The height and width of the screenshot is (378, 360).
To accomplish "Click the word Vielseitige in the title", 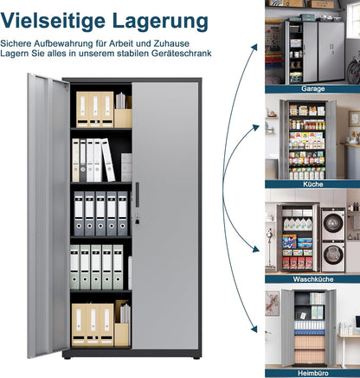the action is [x=53, y=21].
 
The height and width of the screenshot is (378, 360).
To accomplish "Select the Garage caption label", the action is [x=313, y=88].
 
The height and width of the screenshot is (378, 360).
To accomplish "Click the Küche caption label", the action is [x=313, y=184].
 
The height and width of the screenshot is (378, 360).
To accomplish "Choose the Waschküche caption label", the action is [x=313, y=279].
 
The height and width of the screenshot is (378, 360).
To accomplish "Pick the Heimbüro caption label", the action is [x=313, y=374].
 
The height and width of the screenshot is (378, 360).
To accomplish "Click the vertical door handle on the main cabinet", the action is [x=137, y=190].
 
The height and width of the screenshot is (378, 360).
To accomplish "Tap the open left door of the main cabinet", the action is [x=48, y=215].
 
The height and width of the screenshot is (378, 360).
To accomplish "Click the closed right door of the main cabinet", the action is [x=165, y=215].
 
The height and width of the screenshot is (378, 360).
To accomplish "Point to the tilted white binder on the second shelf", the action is [x=108, y=160].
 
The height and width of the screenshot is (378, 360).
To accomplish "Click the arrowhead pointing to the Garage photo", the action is [x=254, y=48].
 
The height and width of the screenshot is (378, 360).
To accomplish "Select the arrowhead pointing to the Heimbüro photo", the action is [x=254, y=329].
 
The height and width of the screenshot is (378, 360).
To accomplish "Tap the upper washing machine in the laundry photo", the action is [x=333, y=224].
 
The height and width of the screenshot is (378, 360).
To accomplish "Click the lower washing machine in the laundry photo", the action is [x=333, y=256].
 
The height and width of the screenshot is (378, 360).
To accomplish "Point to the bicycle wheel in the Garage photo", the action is [x=353, y=71].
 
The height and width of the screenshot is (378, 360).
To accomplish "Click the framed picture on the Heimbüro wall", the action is [x=272, y=303].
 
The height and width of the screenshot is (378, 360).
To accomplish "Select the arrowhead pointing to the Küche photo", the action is [x=255, y=127].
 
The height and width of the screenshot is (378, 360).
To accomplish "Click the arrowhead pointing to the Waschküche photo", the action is [x=255, y=248].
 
